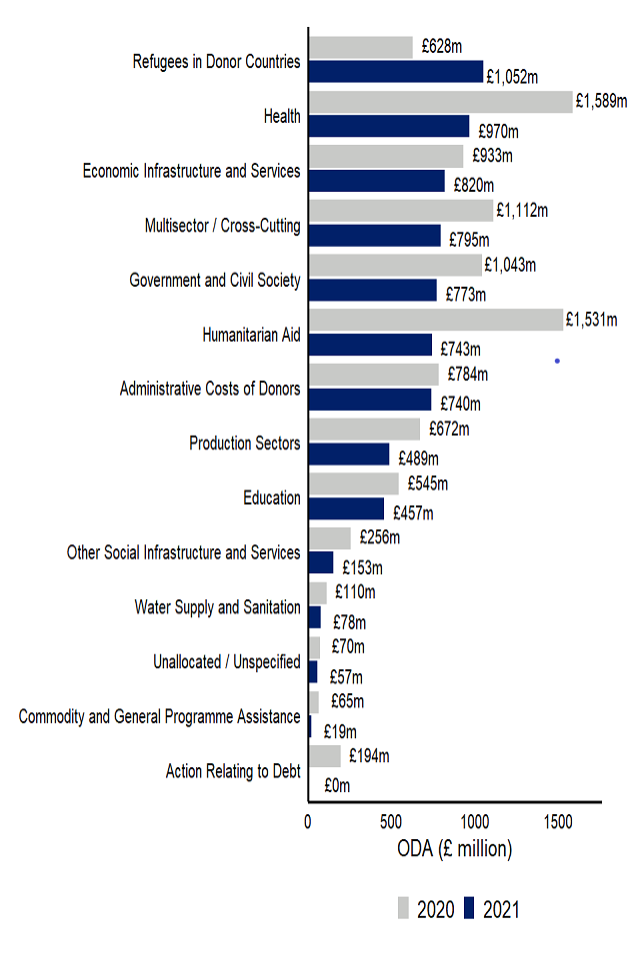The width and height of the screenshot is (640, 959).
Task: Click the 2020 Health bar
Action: coord(440,102)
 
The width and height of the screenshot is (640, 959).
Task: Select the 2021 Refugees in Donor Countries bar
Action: coord(395,72)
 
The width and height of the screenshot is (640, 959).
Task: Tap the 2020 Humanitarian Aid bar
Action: coord(435,320)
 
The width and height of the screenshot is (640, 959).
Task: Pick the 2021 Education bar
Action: coord(346,508)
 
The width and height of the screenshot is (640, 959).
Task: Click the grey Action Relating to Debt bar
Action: coord(324,756)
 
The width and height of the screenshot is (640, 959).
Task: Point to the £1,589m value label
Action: coord(601,101)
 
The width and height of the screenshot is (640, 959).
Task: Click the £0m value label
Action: coord(337,786)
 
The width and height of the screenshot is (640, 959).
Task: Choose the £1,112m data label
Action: coord(521,211)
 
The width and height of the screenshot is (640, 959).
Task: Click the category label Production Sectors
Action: coord(244,443)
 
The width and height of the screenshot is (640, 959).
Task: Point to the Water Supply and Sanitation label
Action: coord(217,607)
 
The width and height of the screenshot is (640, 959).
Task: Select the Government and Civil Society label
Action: coord(214,281)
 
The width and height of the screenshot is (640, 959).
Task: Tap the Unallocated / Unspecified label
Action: coord(226,662)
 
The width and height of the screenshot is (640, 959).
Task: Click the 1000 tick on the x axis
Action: coord(475,821)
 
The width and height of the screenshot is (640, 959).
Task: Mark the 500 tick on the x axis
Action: coord(392,821)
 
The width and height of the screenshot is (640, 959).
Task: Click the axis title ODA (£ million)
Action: coord(454,849)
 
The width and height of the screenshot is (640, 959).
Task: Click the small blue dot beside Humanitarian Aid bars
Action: coord(557,361)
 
